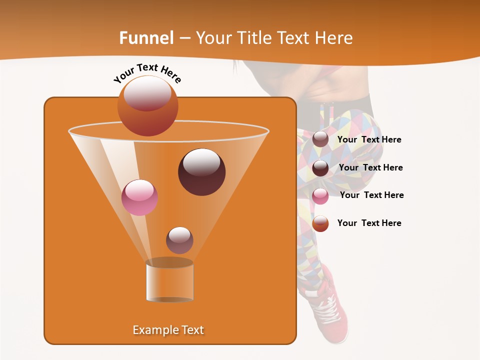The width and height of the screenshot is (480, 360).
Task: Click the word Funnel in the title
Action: (x=146, y=38)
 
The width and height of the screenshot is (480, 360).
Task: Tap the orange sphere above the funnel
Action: (x=147, y=105)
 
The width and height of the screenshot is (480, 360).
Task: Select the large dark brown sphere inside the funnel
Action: (x=201, y=172)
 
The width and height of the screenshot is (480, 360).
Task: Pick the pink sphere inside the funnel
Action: (x=140, y=197)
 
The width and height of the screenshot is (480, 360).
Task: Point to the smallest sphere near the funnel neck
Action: (x=179, y=240)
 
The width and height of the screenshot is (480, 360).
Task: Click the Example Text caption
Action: (x=168, y=330)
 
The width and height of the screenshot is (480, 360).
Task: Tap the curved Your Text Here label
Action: (x=147, y=72)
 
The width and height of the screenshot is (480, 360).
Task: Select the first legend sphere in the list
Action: (x=320, y=139)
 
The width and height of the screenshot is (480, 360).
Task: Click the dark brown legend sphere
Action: (x=320, y=168)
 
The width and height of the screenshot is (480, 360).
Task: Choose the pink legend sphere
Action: (x=320, y=196)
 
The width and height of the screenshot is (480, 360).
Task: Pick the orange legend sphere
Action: (x=320, y=223)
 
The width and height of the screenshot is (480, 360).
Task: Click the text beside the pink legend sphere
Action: (x=372, y=195)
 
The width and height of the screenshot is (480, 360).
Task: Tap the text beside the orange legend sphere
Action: (x=369, y=223)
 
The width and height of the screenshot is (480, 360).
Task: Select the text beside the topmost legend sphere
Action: (x=369, y=139)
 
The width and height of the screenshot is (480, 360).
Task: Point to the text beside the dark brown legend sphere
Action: (x=371, y=167)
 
